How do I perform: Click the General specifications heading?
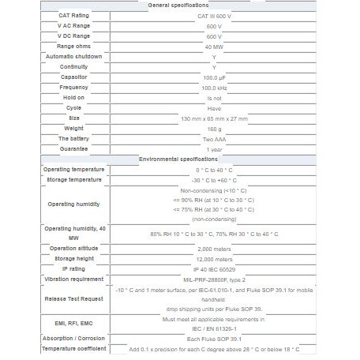179,5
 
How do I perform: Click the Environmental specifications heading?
179,159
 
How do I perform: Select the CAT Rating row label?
74,15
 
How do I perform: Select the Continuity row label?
74,67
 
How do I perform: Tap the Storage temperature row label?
74,179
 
